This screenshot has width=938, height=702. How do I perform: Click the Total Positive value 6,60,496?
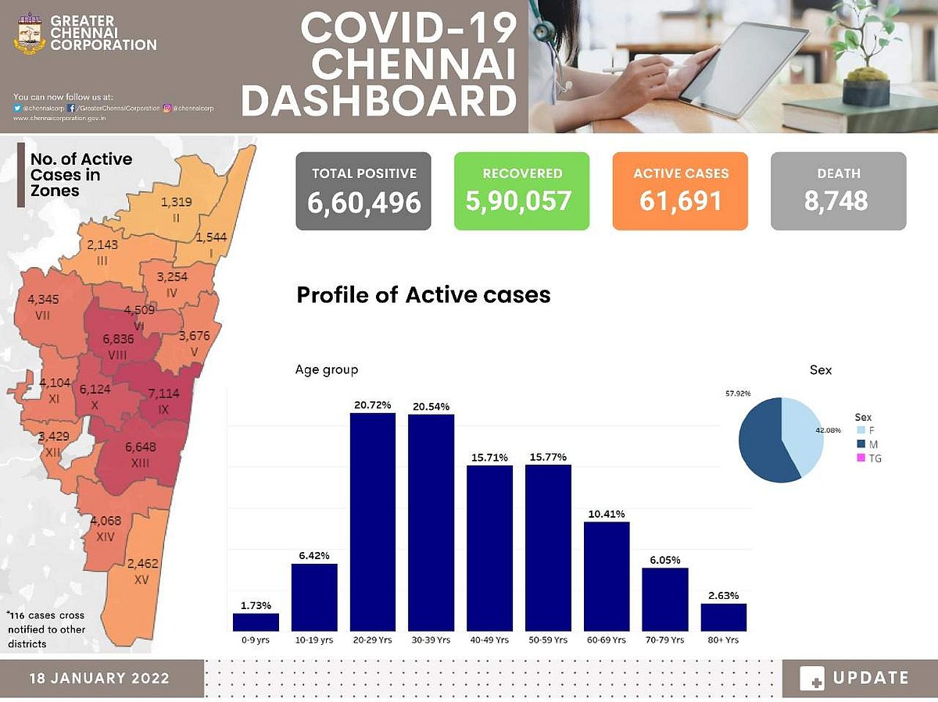click(x=363, y=201)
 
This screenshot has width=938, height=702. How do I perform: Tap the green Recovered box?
click(x=521, y=191)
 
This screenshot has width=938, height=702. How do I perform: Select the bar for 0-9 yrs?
click(x=256, y=622)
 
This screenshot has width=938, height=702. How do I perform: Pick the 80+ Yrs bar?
click(x=723, y=616)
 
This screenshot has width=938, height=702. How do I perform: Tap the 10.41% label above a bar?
click(x=607, y=514)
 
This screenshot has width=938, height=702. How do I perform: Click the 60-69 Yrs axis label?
click(x=607, y=640)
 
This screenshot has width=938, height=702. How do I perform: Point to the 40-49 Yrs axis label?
click(x=489, y=640)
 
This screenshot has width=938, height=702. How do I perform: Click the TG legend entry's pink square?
click(x=861, y=458)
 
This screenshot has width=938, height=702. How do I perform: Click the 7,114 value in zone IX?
click(x=163, y=394)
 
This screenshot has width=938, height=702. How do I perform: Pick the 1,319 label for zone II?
click(x=176, y=202)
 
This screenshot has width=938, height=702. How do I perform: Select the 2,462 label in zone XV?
click(x=143, y=563)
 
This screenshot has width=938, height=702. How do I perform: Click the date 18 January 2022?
click(x=99, y=678)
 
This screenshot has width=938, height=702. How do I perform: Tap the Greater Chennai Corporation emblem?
click(x=30, y=33)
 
